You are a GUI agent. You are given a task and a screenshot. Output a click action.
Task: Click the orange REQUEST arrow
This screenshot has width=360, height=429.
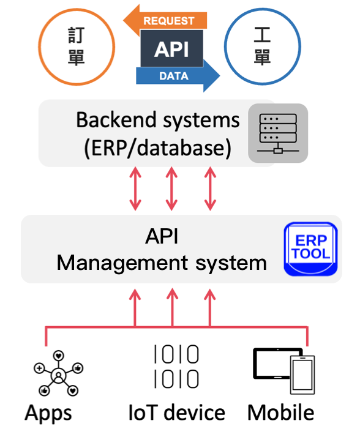tap(165, 21)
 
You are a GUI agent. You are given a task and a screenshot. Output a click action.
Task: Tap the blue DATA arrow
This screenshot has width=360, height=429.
tap(178, 76)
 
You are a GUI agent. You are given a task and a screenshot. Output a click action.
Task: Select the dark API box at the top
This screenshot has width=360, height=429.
tap(171, 48)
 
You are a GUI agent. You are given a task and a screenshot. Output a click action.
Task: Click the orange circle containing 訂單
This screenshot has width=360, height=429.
tap(77, 47)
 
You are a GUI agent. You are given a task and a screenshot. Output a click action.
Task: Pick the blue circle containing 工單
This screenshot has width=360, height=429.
tap(263, 47)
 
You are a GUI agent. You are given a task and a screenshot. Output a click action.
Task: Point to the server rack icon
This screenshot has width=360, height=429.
tap(278, 133)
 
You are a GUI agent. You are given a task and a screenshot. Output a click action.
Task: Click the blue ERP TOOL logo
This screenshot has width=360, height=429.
tap(311, 249)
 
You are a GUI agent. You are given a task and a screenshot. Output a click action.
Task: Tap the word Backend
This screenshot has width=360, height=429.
tap(116, 120)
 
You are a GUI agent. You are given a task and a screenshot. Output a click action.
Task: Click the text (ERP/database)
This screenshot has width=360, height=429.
tap(158, 148)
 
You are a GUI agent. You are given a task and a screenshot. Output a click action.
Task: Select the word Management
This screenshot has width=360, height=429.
tap(122, 264)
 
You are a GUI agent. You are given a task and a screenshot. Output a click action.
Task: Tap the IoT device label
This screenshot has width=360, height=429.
tap(177, 412)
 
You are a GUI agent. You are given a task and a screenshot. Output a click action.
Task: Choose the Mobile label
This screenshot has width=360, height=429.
tap(281, 412)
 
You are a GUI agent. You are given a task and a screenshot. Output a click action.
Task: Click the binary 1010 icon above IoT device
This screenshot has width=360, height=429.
tap(176, 367)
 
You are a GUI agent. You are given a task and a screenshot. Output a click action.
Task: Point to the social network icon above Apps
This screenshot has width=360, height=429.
tap(58, 373)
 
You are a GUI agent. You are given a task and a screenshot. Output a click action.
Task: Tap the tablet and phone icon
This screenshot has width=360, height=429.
tap(284, 371)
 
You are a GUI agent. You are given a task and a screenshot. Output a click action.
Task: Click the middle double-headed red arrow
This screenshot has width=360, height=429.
tap(171, 188)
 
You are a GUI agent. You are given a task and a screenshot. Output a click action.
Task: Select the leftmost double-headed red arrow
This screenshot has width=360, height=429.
tap(135, 188)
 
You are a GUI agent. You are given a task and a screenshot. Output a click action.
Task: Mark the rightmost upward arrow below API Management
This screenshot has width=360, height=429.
tap(210, 308)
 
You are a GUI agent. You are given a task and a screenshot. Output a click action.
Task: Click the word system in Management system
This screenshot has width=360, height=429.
tap(231, 264)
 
